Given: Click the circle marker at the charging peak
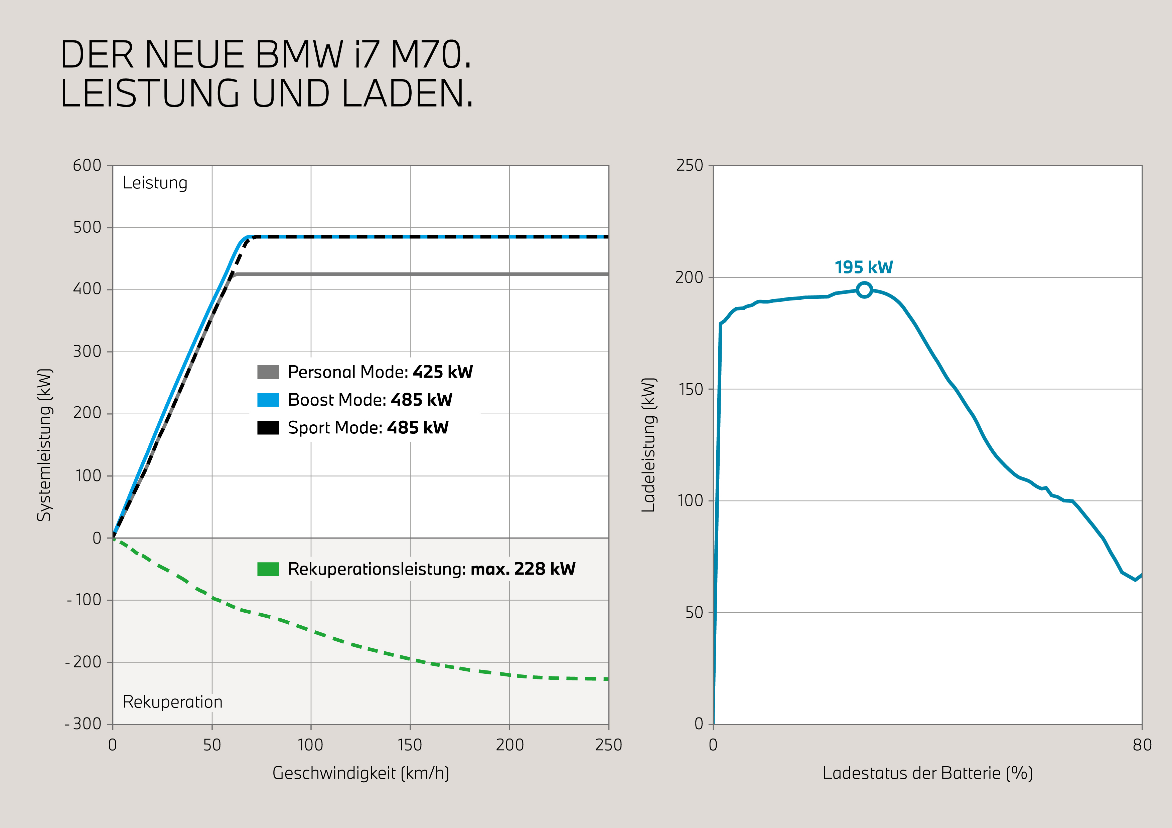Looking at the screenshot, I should point(864,290).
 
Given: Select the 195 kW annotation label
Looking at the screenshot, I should point(864,267).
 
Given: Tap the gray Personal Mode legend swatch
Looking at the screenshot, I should point(268,372).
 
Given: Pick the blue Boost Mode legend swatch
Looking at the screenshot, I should point(268,399).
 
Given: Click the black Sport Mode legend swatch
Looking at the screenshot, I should point(268,427).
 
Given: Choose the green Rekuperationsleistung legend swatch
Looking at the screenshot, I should point(268,569).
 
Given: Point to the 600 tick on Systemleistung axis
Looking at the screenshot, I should point(87,165).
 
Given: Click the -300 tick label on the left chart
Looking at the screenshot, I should point(83,724).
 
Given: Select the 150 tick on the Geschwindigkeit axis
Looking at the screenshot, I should point(410,745).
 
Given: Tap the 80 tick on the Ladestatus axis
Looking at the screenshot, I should point(1142,745).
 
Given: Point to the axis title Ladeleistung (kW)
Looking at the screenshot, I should point(648,445).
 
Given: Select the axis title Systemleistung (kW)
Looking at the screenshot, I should point(44,445).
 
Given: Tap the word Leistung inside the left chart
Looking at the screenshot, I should point(155,183).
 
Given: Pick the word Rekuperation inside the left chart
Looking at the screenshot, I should point(172,702).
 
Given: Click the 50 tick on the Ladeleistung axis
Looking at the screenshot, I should point(694,612).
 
